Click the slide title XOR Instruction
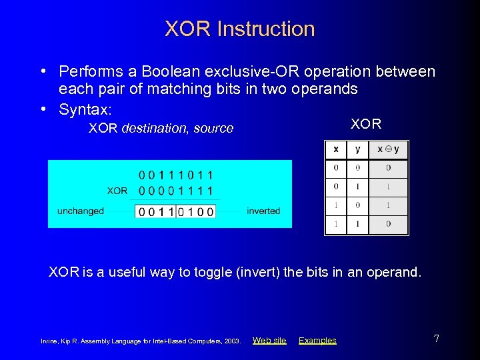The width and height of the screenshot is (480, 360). click(x=239, y=29)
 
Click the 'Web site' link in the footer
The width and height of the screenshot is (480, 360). click(x=269, y=340)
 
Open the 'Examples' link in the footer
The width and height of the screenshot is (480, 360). click(x=317, y=340)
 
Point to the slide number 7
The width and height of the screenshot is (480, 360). click(x=436, y=339)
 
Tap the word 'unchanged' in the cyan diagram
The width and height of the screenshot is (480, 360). click(x=81, y=211)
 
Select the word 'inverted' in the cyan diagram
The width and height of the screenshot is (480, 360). click(x=263, y=211)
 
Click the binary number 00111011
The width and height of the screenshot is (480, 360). click(x=177, y=175)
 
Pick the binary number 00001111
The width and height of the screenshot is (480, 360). click(x=177, y=191)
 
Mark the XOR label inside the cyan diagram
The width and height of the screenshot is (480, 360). click(x=117, y=191)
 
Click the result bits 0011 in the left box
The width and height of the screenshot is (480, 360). click(x=156, y=211)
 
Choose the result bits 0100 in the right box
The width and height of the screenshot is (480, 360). click(x=196, y=211)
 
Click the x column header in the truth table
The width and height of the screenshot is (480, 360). click(x=335, y=149)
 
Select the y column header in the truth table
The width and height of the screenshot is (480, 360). click(x=357, y=149)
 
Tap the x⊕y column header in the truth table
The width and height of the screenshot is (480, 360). click(x=388, y=149)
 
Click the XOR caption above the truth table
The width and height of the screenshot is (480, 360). click(x=366, y=124)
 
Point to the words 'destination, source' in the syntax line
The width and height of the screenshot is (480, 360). click(x=177, y=128)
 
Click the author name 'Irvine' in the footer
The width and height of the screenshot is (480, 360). click(x=51, y=341)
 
